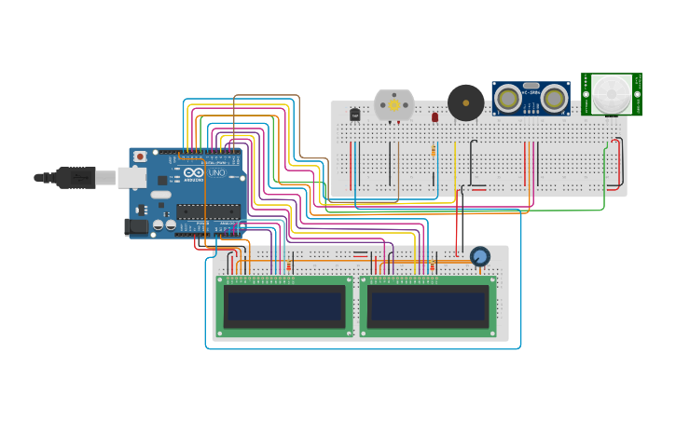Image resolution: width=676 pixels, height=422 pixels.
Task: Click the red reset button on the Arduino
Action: coord(140,157)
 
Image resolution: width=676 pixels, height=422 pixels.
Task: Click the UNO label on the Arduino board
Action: coord(216,173)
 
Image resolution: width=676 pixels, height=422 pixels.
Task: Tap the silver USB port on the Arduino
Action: coord(131,177)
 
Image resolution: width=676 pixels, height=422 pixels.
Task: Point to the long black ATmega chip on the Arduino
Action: coord(208,211)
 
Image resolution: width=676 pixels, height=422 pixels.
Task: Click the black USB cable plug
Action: coord(76,177)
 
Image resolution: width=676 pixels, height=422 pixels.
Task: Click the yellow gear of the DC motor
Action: coord(393,105)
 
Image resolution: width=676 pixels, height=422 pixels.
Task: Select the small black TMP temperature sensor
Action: coord(354,115)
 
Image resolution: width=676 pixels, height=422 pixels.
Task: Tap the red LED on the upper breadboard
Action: coord(435,117)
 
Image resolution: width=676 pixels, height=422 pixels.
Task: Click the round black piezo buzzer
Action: coord(465,102)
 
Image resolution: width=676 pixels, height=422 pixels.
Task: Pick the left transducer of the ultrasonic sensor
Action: coord(507,98)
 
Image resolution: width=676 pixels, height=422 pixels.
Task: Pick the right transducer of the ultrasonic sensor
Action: coord(555,98)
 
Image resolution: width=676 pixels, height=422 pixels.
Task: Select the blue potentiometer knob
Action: coord(480,256)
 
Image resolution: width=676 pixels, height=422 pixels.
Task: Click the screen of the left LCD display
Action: coord(285,306)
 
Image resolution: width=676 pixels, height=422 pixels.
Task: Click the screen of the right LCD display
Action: coord(428,306)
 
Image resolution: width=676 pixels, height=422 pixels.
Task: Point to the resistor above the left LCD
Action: coord(288,266)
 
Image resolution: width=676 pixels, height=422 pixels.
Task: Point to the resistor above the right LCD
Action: coord(432,266)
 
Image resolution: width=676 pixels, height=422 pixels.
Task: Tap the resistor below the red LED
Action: coord(434,151)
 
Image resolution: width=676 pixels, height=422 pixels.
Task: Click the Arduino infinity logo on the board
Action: coord(194,173)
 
